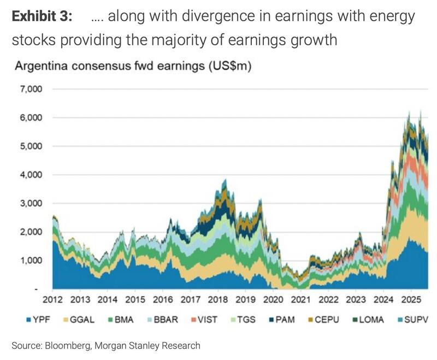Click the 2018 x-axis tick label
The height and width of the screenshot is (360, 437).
click(217, 299)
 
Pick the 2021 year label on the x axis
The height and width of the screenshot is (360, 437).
click(299, 299)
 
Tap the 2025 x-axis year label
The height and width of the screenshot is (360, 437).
click(409, 299)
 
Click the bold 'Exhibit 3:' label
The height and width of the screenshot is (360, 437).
click(42, 16)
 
